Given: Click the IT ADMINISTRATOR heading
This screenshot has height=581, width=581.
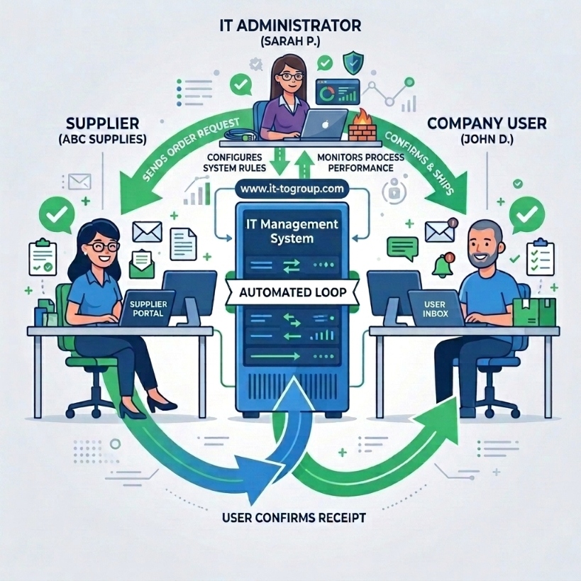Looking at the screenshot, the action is tap(290, 26).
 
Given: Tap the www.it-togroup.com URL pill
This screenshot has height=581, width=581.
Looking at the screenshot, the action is tap(292, 189).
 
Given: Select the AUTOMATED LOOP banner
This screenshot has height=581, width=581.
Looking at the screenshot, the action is tap(292, 292).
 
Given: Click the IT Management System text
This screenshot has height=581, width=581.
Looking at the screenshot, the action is tap(292, 231).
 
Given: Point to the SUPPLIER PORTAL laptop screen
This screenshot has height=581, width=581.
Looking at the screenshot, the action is tap(148, 309).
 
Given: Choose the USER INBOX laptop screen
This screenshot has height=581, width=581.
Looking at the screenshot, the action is tap(435, 309).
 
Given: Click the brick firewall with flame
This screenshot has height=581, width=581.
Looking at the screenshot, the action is tap(363, 126).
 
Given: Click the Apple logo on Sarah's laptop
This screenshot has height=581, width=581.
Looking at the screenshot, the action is tap(325, 125).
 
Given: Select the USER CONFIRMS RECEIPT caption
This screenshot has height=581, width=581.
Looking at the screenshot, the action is tap(294, 518).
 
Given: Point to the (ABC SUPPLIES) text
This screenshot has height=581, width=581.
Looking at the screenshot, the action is tap(102, 139).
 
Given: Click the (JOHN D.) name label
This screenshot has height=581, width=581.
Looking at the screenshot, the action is tap(487, 139).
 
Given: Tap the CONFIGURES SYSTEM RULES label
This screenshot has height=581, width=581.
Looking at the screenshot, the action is tap(235, 162).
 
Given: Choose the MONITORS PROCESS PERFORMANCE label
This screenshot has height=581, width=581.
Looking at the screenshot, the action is tap(360, 162).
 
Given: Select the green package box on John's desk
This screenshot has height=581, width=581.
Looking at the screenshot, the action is tap(534, 312).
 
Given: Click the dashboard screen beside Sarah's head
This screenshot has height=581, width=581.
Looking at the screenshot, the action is tap(338, 92).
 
